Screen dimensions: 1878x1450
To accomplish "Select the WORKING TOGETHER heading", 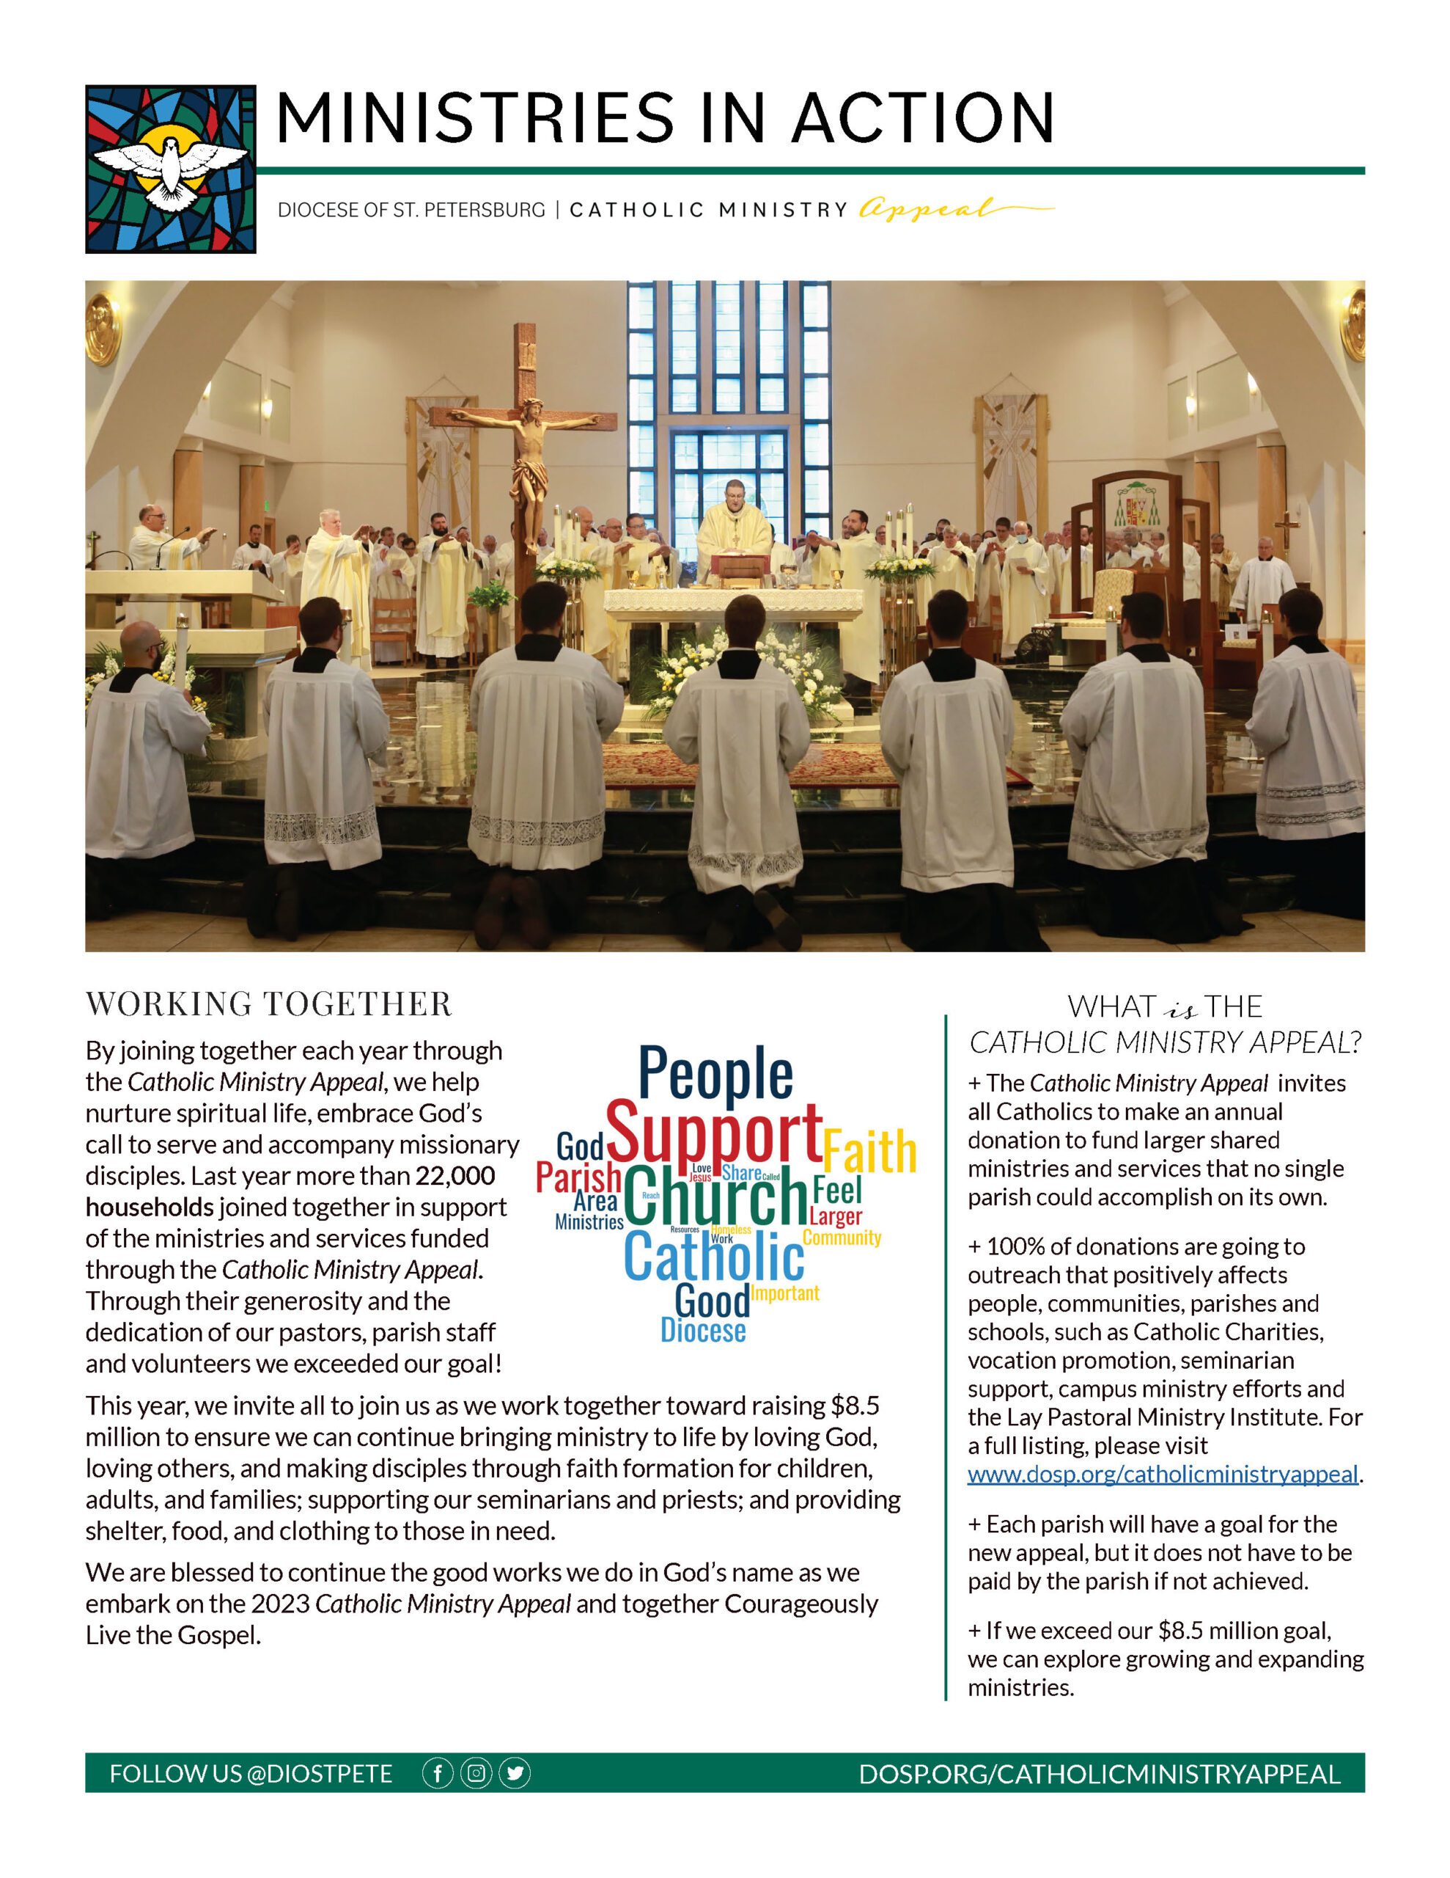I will point(269,1004).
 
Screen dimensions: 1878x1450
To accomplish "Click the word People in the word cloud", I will point(715,1073).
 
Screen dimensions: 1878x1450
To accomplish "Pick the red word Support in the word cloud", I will point(714,1133).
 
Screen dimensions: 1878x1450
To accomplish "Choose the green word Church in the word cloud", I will point(716,1197).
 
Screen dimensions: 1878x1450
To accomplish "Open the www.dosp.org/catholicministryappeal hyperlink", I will point(1163,1474).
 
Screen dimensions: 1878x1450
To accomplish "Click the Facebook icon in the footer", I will point(438,1773).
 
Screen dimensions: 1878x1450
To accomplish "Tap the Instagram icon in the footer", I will point(476,1773).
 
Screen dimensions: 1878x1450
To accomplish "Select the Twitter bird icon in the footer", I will point(515,1773).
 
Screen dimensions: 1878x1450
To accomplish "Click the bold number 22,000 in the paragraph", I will point(455,1175).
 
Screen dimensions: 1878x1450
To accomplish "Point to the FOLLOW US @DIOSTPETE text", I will point(251,1774).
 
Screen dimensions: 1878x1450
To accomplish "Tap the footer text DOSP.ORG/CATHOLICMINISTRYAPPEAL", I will point(1100,1774).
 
